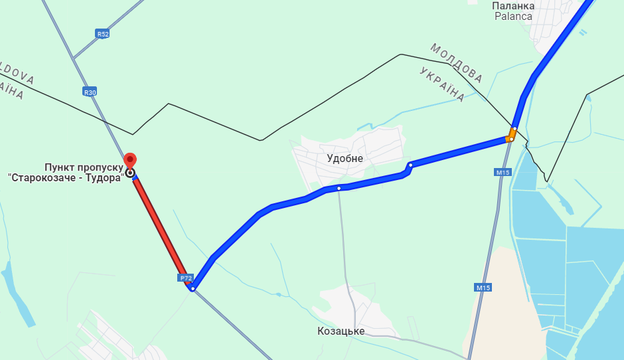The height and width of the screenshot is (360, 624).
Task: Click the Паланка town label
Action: click(x=512, y=5)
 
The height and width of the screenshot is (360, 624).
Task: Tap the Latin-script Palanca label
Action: click(x=513, y=16)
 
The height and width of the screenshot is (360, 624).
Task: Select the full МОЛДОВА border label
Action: click(x=456, y=63)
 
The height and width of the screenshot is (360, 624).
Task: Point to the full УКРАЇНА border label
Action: click(x=443, y=84)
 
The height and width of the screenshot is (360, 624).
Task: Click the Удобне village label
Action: click(x=345, y=159)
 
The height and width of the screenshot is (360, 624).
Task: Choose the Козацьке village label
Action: click(x=341, y=331)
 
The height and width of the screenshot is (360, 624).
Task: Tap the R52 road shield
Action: click(x=102, y=34)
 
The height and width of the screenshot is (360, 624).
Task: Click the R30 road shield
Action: click(x=90, y=92)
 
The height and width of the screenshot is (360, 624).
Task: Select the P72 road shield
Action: click(x=185, y=277)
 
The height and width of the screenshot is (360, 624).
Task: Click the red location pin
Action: click(x=131, y=160)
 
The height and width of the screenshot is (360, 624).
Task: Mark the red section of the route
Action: click(x=159, y=226)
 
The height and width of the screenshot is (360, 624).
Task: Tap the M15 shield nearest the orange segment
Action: click(x=503, y=172)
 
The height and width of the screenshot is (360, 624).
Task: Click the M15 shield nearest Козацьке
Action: click(x=483, y=288)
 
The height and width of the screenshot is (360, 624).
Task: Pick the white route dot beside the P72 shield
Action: click(x=192, y=288)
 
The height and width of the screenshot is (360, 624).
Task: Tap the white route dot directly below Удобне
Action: click(x=339, y=189)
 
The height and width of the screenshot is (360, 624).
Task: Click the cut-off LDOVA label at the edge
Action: click(x=16, y=73)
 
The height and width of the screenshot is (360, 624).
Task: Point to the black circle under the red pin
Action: click(x=131, y=173)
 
